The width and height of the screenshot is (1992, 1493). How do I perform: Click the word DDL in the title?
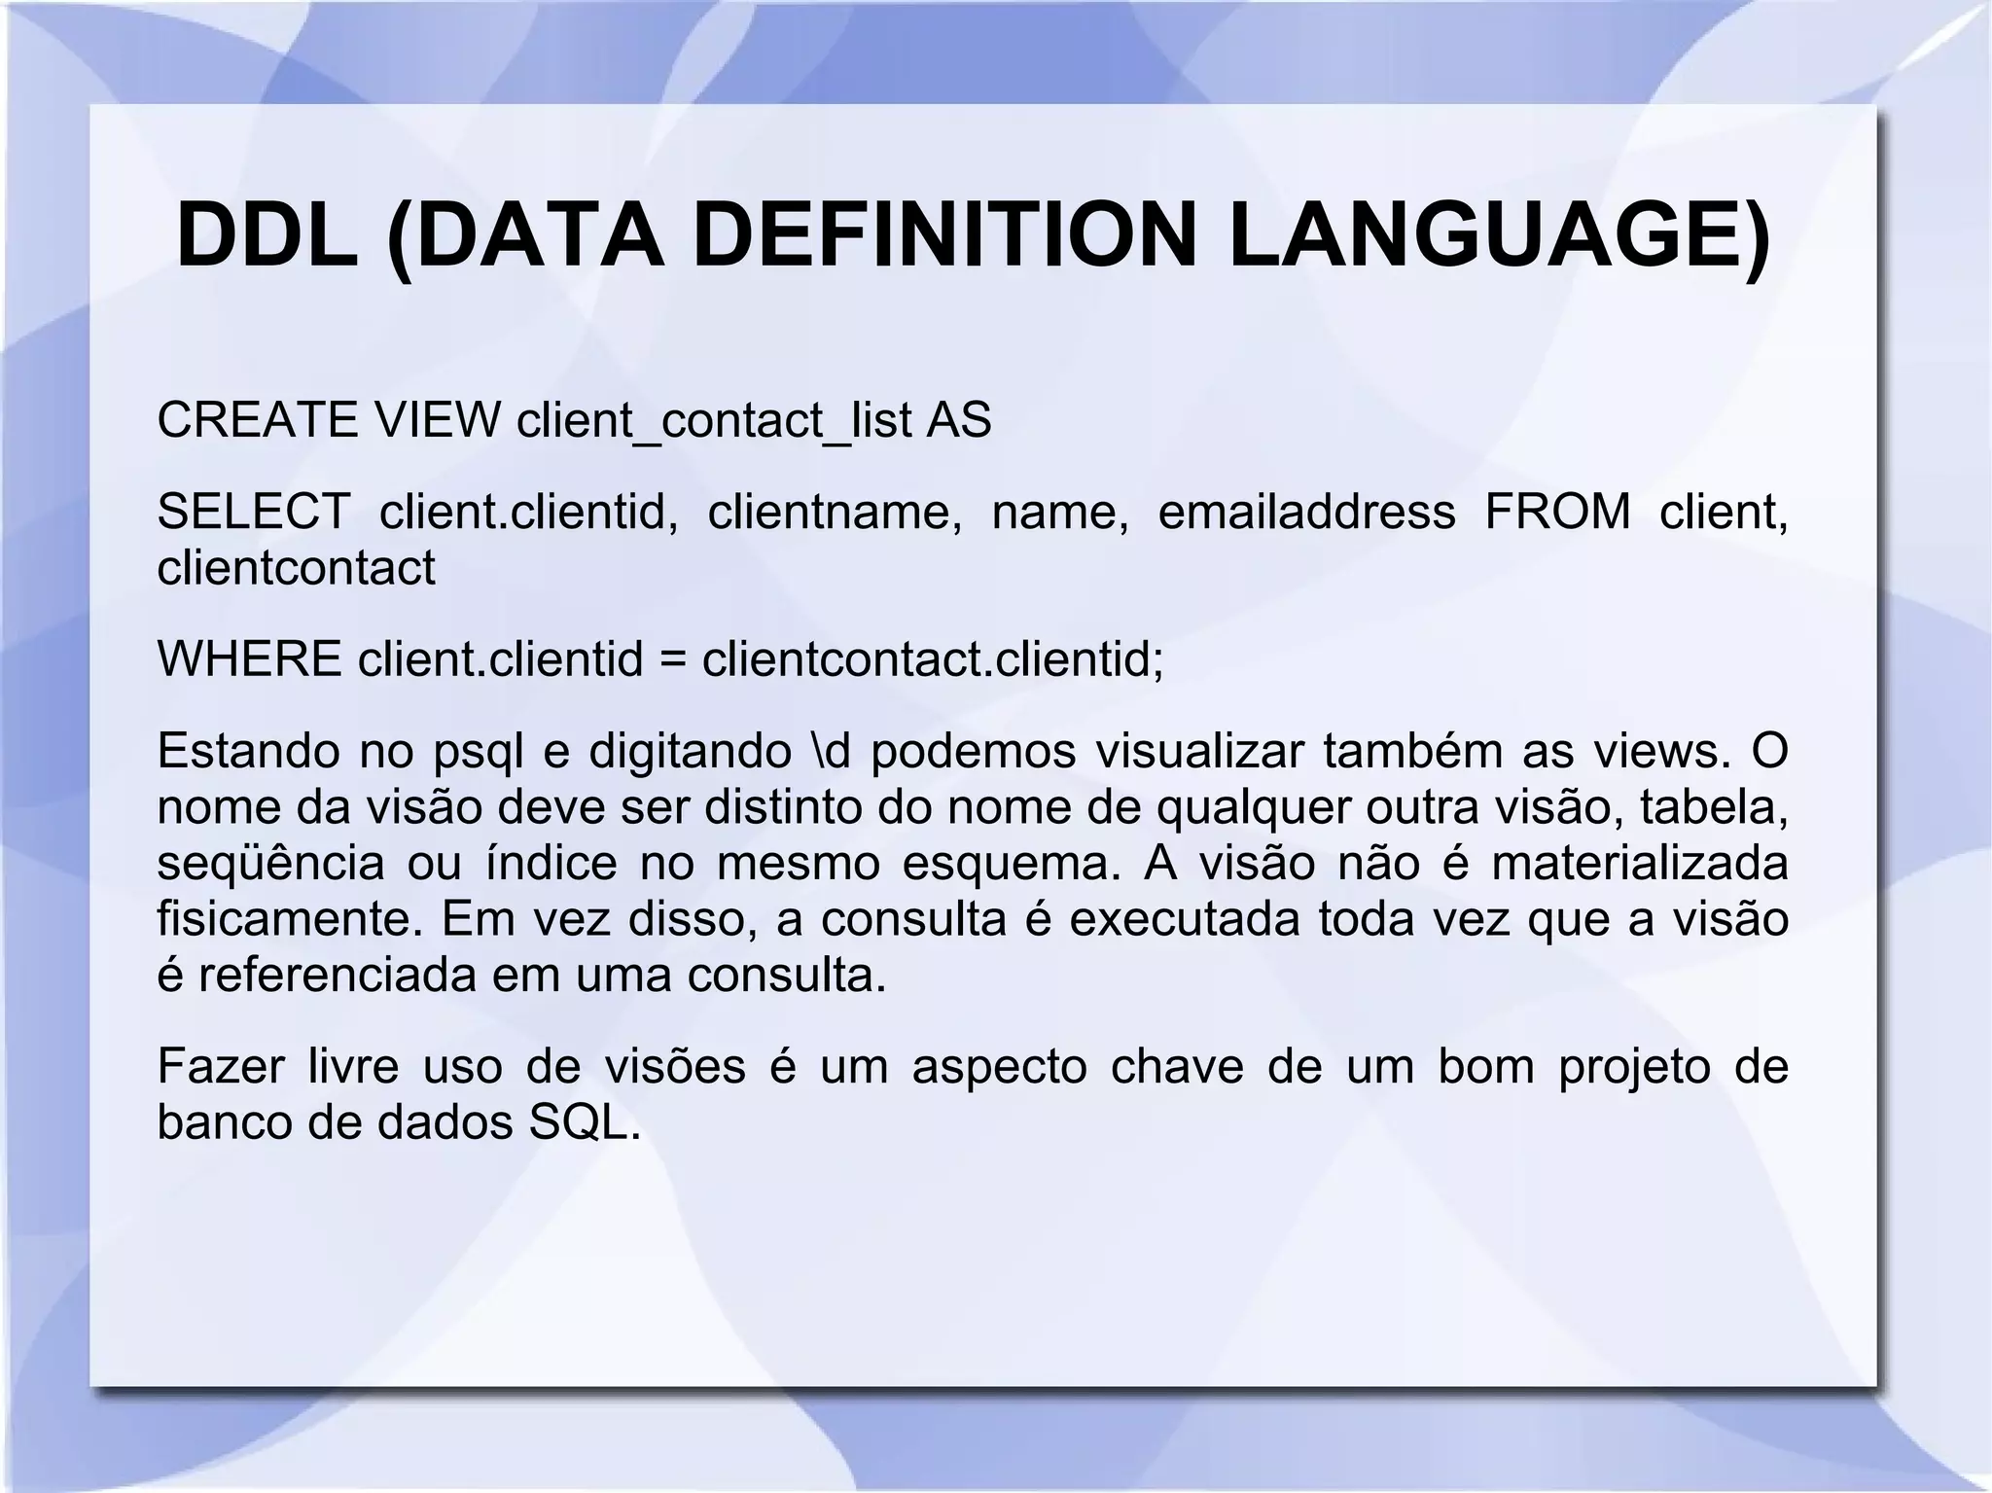[x=267, y=236]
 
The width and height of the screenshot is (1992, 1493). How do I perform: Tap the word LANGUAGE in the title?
[x=1498, y=236]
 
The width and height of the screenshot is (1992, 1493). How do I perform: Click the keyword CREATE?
[x=257, y=420]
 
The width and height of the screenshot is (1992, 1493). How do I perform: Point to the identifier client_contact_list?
[x=714, y=420]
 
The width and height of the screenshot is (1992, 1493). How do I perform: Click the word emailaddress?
[x=1306, y=512]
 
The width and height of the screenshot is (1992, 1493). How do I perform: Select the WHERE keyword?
[x=249, y=658]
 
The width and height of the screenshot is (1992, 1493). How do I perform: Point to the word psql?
[x=475, y=751]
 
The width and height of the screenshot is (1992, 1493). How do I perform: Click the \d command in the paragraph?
[x=829, y=751]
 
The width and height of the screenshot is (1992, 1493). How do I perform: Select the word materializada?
[x=1639, y=863]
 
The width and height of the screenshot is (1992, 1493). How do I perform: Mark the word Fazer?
[x=221, y=1066]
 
